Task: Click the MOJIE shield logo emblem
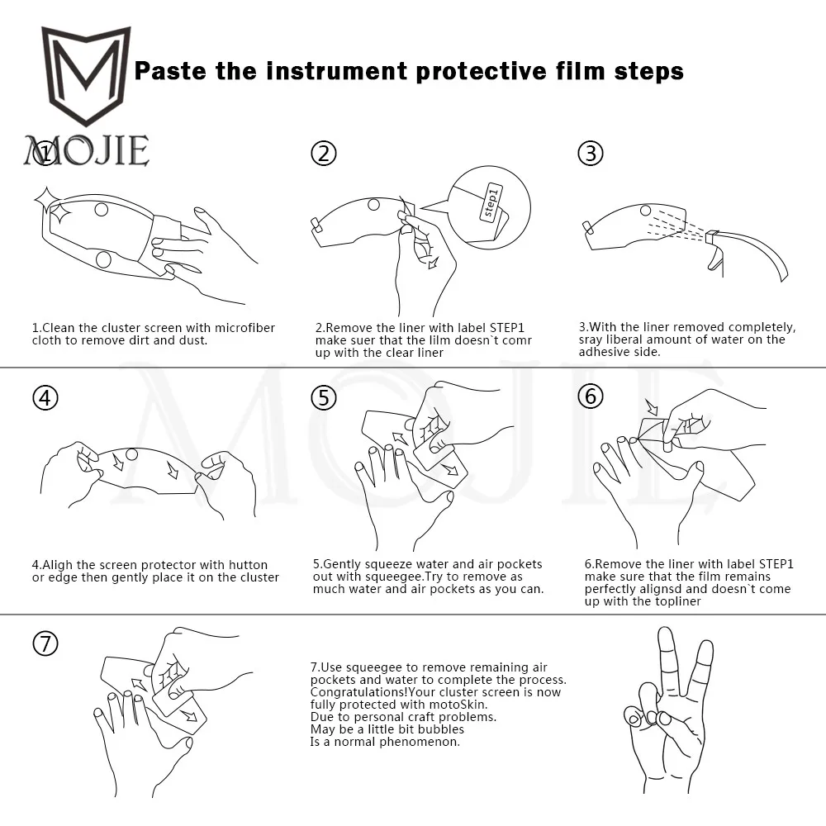click(86, 75)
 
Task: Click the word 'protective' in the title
click(482, 72)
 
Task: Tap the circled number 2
click(324, 154)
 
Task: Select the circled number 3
click(591, 154)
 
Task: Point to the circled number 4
click(45, 398)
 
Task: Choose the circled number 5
click(324, 398)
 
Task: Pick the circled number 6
click(591, 396)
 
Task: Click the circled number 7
click(45, 643)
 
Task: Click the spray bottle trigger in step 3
click(714, 257)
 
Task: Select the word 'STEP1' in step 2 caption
click(507, 328)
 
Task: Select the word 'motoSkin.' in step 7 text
click(458, 705)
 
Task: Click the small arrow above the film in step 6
click(653, 406)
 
